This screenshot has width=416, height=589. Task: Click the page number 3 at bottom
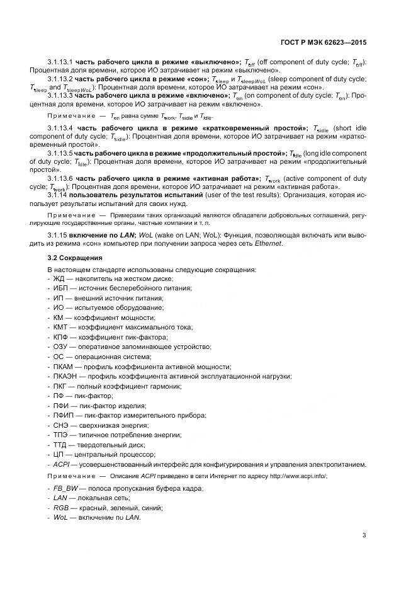[x=364, y=535]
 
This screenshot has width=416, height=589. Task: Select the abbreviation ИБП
[x=62, y=289]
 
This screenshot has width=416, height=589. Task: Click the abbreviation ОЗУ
[x=62, y=347]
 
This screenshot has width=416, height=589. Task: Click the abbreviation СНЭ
[x=62, y=425]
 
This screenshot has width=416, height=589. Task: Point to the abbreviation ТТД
[x=62, y=444]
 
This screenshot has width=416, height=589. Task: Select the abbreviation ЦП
[x=59, y=454]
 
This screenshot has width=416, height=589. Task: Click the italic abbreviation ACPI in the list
[x=62, y=464]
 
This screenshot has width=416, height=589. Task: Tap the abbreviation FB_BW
[x=66, y=488]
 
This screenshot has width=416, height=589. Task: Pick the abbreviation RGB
[x=62, y=508]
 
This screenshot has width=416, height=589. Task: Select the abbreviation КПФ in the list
[x=62, y=338]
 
